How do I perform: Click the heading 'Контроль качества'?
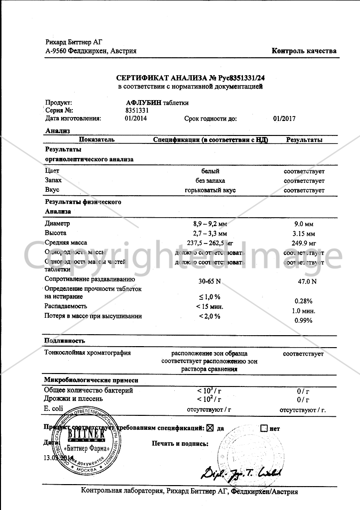click(304, 51)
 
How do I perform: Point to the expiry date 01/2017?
click(284, 119)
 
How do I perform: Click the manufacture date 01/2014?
click(136, 119)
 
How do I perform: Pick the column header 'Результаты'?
click(304, 140)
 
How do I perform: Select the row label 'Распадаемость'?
click(66, 306)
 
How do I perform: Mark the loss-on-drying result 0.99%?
click(304, 320)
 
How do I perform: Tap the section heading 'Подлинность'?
click(65, 341)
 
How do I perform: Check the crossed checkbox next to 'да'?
click(210, 428)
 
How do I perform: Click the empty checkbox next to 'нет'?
click(264, 428)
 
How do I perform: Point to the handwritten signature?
click(241, 472)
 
